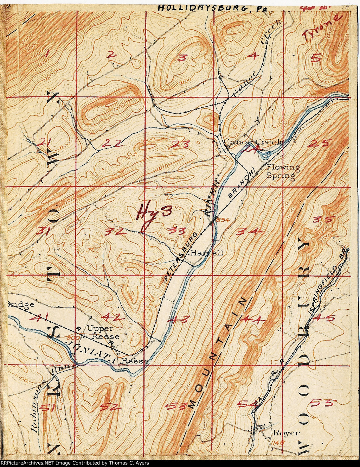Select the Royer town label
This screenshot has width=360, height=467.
pyautogui.click(x=283, y=433)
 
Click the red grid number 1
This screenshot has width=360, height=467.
pyautogui.click(x=47, y=54)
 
